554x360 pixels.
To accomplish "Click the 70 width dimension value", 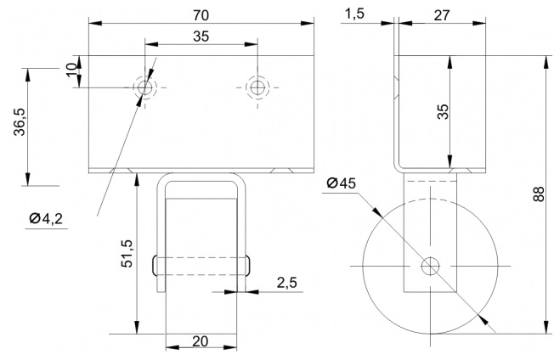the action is [x=201, y=15].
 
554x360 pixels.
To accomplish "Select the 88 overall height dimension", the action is [x=539, y=194].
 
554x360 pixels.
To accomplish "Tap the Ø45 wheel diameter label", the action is [x=342, y=183].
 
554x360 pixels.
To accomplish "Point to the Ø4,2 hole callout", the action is [x=46, y=219].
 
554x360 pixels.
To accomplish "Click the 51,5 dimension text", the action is [x=127, y=253].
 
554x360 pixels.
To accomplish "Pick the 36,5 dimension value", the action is [x=20, y=121].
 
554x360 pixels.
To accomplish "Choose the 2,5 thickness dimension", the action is [x=287, y=283].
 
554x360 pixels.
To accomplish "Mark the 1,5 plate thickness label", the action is [x=354, y=14].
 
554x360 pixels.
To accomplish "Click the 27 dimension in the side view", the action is [x=442, y=15].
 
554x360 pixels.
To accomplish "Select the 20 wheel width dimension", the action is [x=201, y=341].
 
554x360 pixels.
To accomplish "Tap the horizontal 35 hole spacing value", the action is [x=201, y=37].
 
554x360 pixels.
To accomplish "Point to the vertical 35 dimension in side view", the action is [x=443, y=111].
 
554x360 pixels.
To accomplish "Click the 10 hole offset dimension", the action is [x=71, y=69].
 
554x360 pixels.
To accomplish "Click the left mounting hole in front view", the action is [x=144, y=87].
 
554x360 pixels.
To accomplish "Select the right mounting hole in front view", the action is [x=257, y=87].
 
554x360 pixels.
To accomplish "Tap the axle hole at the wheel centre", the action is [x=430, y=266].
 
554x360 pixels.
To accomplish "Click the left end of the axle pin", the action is [x=155, y=266].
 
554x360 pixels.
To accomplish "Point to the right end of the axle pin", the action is [x=247, y=266].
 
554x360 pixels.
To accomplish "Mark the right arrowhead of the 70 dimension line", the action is [x=308, y=23].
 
